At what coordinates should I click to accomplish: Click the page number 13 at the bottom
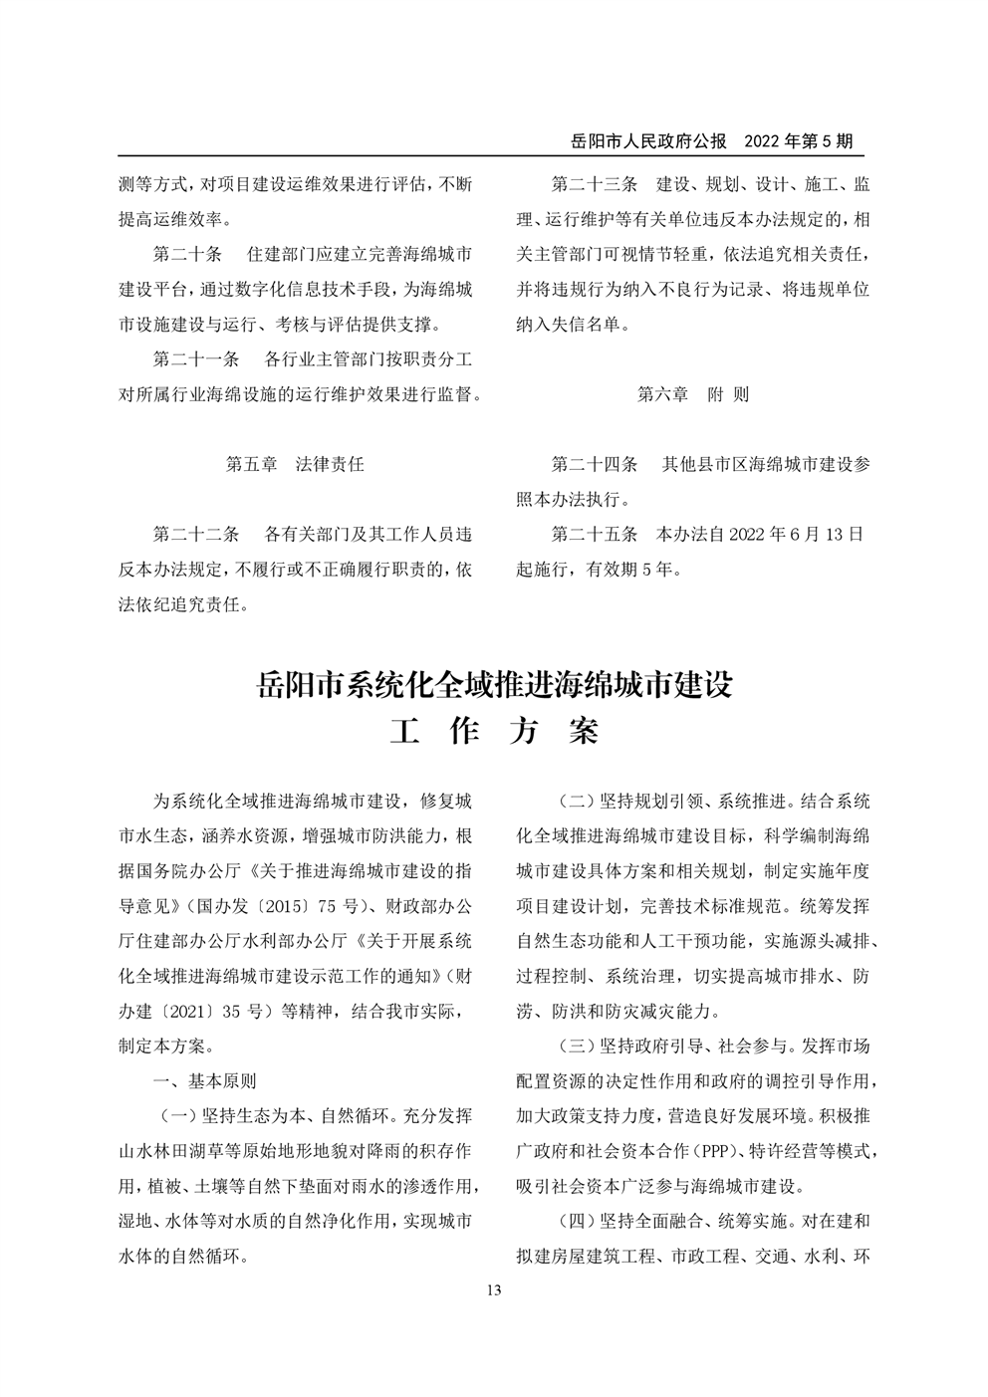[x=494, y=1290]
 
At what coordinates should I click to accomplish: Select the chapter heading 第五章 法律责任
[x=295, y=464]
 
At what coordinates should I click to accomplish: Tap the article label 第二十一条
[x=195, y=358]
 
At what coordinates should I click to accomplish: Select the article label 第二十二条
[x=195, y=534]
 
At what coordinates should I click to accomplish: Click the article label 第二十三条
[x=594, y=184]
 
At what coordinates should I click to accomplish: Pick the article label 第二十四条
[x=594, y=464]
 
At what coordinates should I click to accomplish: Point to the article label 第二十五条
[x=594, y=534]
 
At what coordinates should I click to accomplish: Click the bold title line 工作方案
[x=494, y=732]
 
